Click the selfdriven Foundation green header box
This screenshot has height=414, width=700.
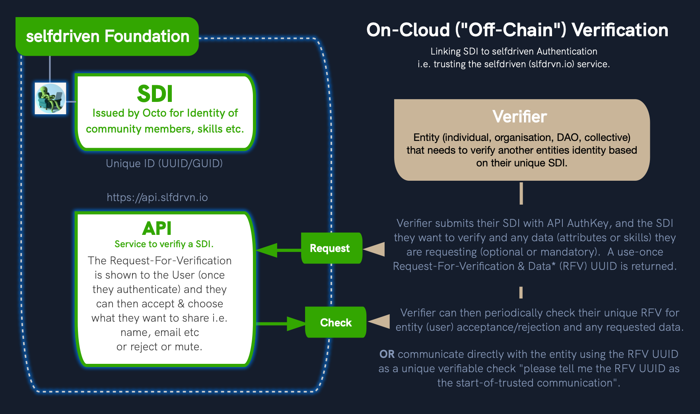pyautogui.click(x=107, y=36)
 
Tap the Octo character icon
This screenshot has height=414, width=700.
pyautogui.click(x=51, y=98)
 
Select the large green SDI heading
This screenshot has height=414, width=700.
pyautogui.click(x=155, y=94)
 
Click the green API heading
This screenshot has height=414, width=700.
pyautogui.click(x=157, y=228)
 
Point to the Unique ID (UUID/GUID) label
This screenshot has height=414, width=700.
pyautogui.click(x=164, y=164)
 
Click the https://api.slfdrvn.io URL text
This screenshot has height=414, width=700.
pyautogui.click(x=157, y=197)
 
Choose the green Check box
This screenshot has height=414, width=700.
pyautogui.click(x=335, y=322)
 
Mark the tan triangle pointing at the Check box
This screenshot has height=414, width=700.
pyautogui.click(x=380, y=321)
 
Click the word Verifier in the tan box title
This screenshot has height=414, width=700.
pyautogui.click(x=519, y=117)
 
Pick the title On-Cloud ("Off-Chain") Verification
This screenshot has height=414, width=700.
pyautogui.click(x=517, y=30)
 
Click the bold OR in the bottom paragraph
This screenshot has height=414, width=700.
pyautogui.click(x=387, y=354)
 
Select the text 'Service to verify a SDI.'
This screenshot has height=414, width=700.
pyautogui.click(x=164, y=244)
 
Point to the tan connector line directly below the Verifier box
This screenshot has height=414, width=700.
pyautogui.click(x=521, y=193)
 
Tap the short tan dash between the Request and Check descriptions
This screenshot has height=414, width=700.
pyautogui.click(x=521, y=293)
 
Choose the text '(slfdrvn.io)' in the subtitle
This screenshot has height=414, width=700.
pyautogui.click(x=552, y=64)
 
